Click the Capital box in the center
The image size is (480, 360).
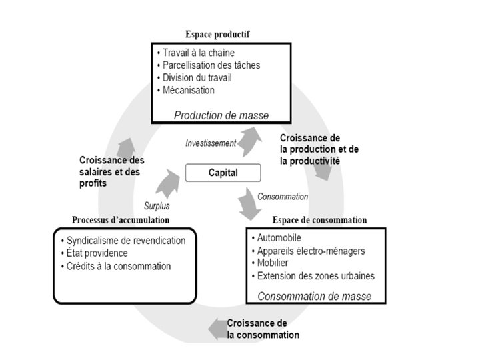[223, 173]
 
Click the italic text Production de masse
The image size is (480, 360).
[221, 115]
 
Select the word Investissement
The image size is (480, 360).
[211, 143]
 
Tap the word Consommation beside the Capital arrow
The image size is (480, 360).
[283, 197]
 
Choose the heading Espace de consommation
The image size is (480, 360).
[319, 220]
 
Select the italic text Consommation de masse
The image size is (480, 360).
[314, 296]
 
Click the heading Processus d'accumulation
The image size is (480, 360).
[121, 220]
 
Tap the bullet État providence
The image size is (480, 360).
[97, 253]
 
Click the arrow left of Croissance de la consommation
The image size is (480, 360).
[216, 328]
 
